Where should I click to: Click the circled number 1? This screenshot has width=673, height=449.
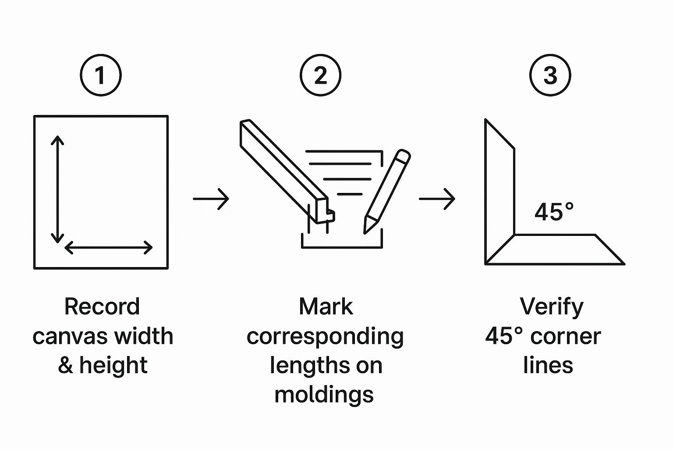tap(101, 75)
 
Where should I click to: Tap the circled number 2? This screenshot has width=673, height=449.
tap(321, 75)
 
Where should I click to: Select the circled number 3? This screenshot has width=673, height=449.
tap(550, 75)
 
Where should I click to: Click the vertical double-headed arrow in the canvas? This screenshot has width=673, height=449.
tap(57, 189)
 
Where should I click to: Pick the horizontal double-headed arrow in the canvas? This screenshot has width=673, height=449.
tap(109, 247)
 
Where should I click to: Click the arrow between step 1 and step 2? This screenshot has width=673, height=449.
tap(211, 199)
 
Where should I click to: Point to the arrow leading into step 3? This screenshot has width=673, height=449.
tap(437, 199)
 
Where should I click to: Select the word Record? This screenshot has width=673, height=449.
tap(102, 307)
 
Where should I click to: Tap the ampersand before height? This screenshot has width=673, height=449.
tap(65, 365)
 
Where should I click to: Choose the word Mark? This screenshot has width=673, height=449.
tap(326, 307)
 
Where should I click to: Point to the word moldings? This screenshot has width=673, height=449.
tap(324, 395)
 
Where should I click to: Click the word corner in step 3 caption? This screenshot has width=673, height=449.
tap(566, 337)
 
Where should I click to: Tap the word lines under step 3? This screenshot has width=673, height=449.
tap(548, 365)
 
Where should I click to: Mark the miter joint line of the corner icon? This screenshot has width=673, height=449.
tap(500, 249)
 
